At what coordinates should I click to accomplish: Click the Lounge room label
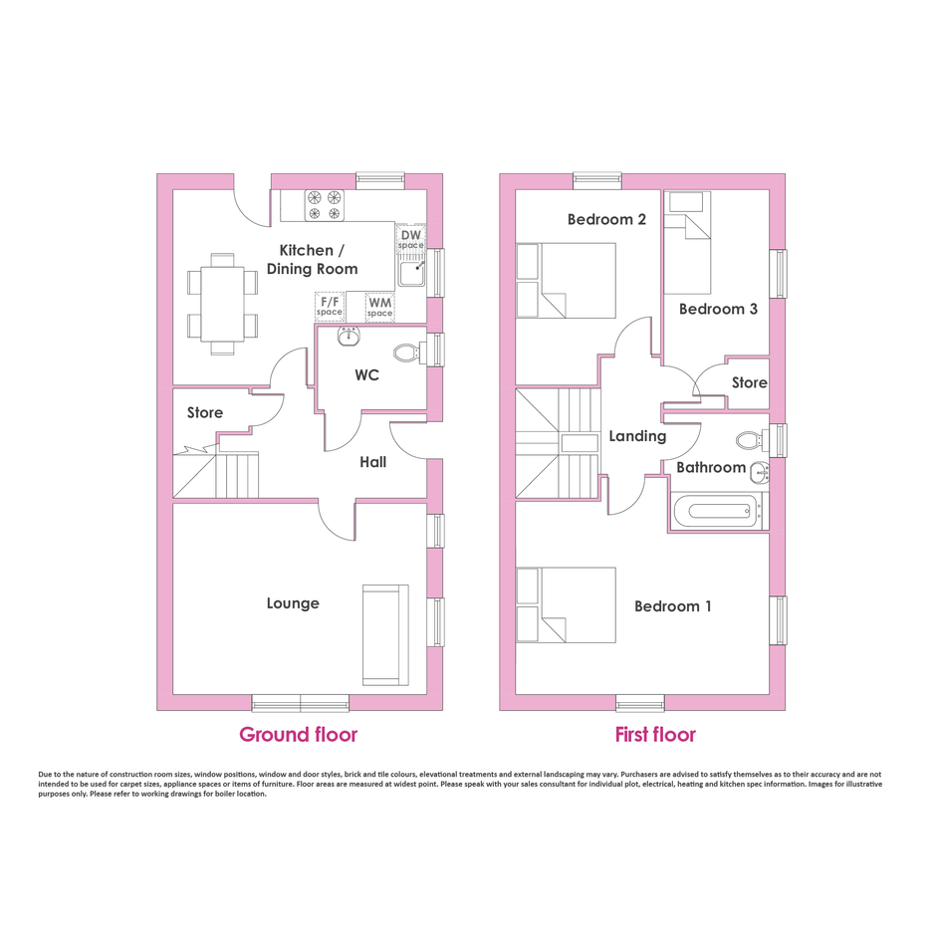tap(293, 603)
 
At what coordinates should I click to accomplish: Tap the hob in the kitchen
tap(326, 205)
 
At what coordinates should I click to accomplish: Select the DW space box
tap(411, 239)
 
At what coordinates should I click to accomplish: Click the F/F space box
tap(330, 306)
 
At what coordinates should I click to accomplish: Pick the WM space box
tap(379, 307)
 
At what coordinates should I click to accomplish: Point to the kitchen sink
tap(411, 273)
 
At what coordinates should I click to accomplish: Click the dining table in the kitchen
tap(222, 305)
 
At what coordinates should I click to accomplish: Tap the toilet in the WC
tap(409, 353)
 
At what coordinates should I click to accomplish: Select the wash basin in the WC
tap(349, 337)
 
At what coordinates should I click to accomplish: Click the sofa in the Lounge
tap(385, 635)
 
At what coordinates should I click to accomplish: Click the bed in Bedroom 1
tap(566, 605)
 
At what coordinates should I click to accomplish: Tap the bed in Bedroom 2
tap(566, 280)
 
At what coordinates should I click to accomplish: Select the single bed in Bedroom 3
tap(687, 242)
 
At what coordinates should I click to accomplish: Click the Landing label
tap(637, 436)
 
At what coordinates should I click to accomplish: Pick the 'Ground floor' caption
tap(299, 734)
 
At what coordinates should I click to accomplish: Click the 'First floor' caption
tap(655, 734)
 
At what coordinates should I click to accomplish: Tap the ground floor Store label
tap(205, 412)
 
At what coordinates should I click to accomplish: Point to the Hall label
tap(372, 461)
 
